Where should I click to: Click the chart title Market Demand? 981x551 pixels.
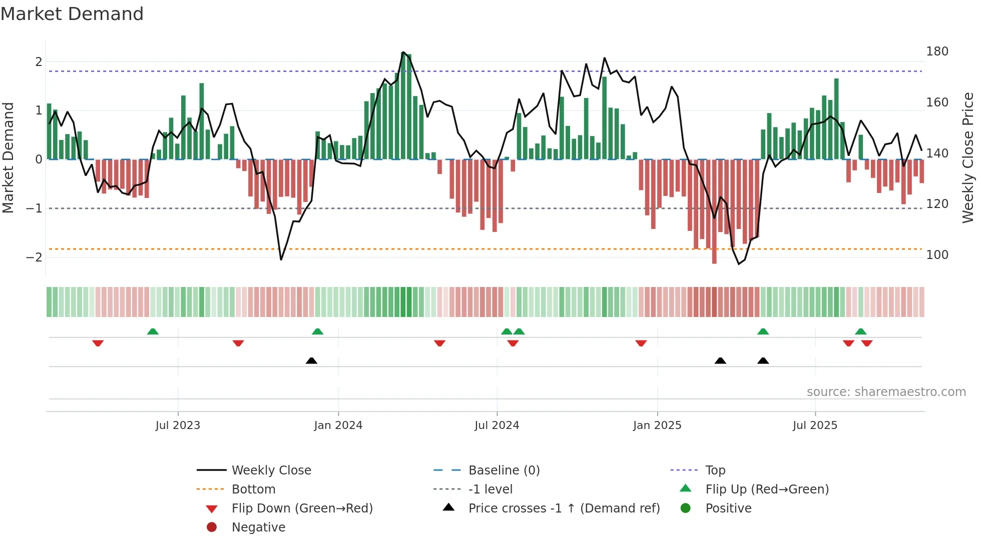(x=72, y=14)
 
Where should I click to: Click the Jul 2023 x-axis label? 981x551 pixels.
(x=178, y=425)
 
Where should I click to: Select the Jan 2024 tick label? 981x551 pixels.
(x=338, y=425)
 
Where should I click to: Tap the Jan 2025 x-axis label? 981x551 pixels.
(x=657, y=425)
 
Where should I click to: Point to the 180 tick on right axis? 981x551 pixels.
(x=937, y=51)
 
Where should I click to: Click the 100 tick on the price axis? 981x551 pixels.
(x=937, y=255)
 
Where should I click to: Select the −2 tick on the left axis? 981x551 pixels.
(x=34, y=257)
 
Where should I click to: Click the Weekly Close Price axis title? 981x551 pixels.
(x=968, y=157)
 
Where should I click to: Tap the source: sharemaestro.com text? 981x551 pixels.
(x=886, y=392)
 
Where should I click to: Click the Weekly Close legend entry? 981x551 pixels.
(x=271, y=470)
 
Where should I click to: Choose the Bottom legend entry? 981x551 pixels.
(x=253, y=489)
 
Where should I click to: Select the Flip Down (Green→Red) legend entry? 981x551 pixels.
(x=302, y=508)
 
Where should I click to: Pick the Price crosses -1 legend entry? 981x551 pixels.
(x=564, y=508)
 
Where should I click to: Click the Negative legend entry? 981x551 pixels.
(x=258, y=527)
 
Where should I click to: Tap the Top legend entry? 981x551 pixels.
(x=715, y=470)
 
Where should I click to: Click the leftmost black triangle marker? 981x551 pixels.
(x=311, y=360)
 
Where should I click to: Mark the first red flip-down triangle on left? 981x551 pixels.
(x=98, y=343)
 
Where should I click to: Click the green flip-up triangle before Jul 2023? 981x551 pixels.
(x=153, y=331)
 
